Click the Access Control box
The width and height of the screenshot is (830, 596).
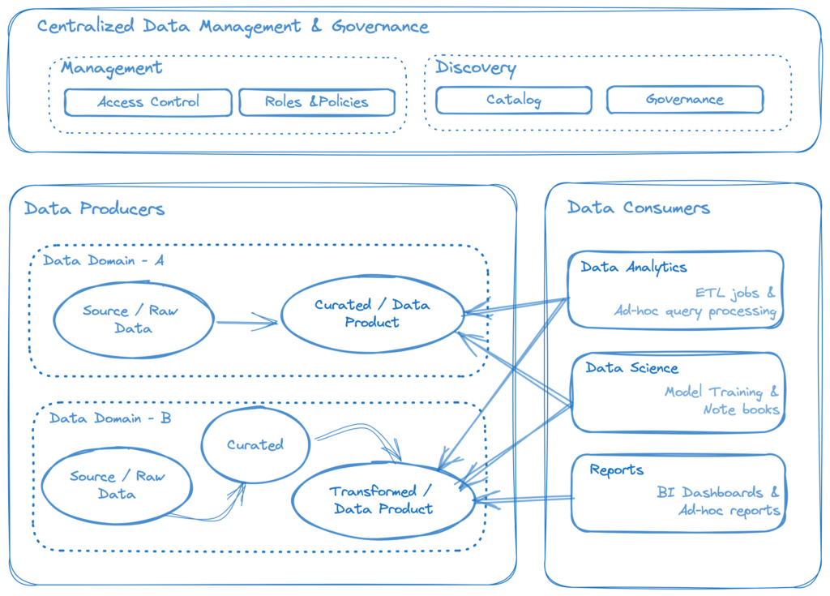tap(148, 102)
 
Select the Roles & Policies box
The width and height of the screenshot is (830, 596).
tap(316, 102)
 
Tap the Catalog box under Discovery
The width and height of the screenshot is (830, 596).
tap(514, 100)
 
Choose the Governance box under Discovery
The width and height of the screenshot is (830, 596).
tap(685, 100)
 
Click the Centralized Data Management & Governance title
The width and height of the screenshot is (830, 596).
tap(233, 26)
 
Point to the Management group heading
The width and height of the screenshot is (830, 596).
tap(112, 68)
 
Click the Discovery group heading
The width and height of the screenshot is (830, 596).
tap(476, 67)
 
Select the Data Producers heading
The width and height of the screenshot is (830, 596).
tap(95, 209)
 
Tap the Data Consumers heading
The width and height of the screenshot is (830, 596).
tap(639, 208)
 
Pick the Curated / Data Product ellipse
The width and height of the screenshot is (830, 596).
tap(372, 314)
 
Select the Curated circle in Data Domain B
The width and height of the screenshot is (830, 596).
tap(255, 445)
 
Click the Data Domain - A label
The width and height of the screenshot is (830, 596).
tap(104, 260)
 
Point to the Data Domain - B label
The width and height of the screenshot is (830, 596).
tap(110, 418)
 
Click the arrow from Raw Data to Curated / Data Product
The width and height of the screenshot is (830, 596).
tap(247, 323)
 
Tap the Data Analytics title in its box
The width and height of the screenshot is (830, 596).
tap(633, 267)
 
